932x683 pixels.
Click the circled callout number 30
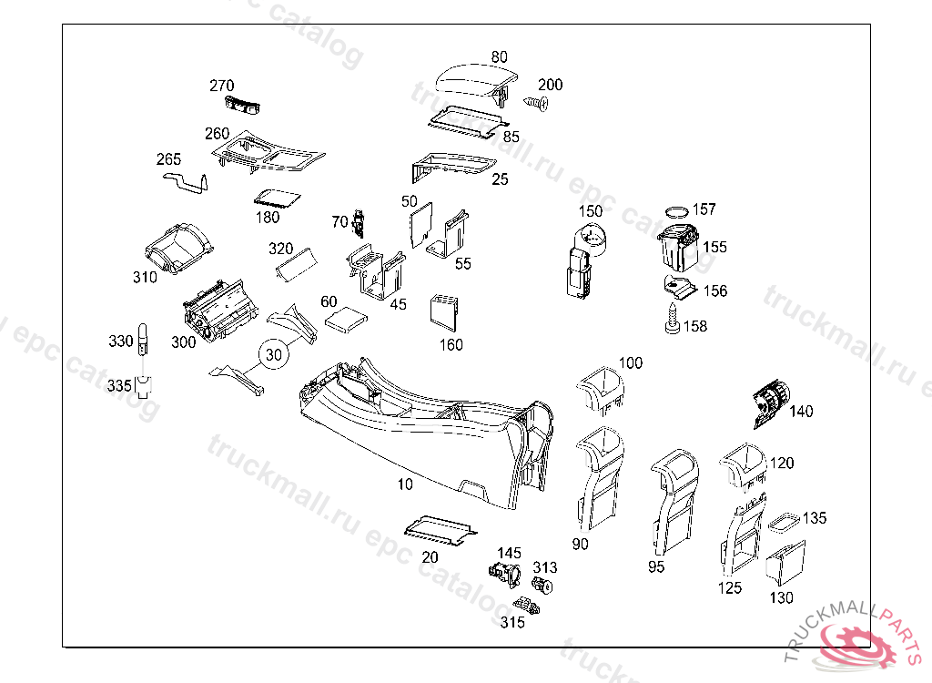coord(273,354)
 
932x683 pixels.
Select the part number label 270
coord(222,86)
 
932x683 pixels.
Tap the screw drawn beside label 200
coord(536,104)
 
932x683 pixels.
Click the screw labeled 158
coord(673,319)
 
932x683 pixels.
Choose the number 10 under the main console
coord(405,484)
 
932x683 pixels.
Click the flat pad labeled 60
coord(347,319)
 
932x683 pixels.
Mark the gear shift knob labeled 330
coord(143,340)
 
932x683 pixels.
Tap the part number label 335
coord(119,385)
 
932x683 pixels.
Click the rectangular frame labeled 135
coord(785,522)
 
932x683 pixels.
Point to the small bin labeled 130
coord(785,562)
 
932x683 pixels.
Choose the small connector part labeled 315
coord(527,606)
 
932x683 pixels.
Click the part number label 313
coord(545,567)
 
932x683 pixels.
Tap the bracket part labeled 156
coord(679,287)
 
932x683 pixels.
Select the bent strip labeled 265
coord(186,183)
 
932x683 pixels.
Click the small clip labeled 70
coord(359,224)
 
